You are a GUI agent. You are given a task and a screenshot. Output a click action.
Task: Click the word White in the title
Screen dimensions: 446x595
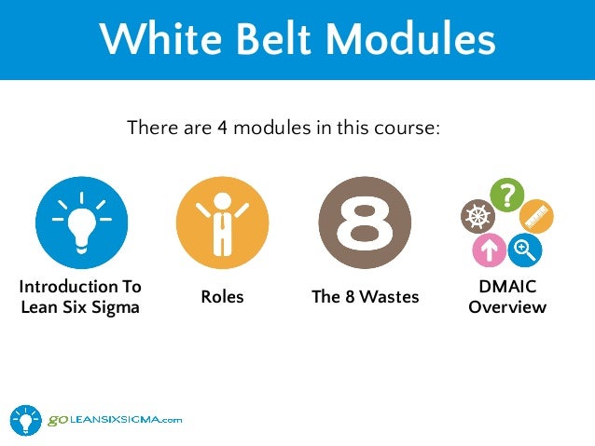pos(150,39)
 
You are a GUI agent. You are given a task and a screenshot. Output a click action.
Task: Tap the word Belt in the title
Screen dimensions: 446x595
pos(271,39)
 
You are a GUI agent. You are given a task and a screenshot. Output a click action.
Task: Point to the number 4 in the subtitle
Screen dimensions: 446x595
pos(223,128)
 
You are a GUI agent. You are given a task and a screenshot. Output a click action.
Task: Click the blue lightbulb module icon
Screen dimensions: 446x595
pos(81,223)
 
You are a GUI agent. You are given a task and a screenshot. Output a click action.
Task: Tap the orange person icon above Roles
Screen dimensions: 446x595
pos(222,223)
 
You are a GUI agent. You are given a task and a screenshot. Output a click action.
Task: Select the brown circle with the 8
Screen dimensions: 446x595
pos(365,223)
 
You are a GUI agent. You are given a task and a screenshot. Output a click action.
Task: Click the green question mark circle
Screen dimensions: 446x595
pos(505,194)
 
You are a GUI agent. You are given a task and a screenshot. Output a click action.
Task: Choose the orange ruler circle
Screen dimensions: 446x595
pos(538,216)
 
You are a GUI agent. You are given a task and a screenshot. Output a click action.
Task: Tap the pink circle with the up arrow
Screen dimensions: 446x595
pos(488,250)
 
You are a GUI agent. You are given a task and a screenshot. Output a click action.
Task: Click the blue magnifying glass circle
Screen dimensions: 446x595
pos(525,249)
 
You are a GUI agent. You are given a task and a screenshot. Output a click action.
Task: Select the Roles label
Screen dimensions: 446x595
pos(222,297)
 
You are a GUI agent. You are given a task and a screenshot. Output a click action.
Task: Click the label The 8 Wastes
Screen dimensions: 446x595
pos(365,297)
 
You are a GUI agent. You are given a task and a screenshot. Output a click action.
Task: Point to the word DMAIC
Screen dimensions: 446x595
pos(506,288)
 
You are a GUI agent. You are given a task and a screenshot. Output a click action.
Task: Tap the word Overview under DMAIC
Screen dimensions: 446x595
pos(506,306)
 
